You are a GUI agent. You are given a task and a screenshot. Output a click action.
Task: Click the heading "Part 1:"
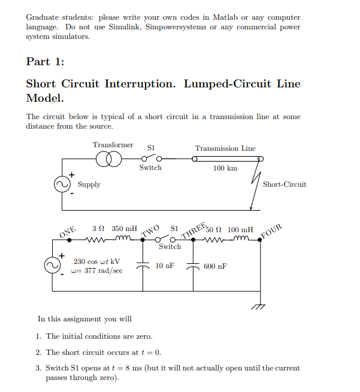[x=45, y=61]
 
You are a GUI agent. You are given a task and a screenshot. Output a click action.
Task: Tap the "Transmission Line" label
[x=225, y=148]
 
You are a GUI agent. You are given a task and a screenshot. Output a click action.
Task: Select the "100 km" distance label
[x=225, y=168]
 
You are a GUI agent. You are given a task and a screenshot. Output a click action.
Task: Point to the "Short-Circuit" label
[x=285, y=184]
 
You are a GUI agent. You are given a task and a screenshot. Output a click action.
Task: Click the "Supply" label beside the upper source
[x=89, y=184]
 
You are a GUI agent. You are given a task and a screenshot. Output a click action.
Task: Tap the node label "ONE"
[x=68, y=231]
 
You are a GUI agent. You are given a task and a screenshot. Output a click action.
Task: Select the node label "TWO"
[x=151, y=230]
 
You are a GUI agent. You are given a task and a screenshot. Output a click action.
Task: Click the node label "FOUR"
[x=272, y=230]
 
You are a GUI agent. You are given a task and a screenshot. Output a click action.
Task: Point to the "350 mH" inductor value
[x=125, y=229]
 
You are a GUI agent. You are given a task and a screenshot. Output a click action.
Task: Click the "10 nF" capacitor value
[x=164, y=265]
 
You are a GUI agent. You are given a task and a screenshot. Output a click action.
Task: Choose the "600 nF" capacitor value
[x=215, y=266]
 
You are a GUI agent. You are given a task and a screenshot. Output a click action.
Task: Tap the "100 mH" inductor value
[x=240, y=229]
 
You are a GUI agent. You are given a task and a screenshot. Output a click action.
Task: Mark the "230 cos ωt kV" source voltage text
[x=96, y=262]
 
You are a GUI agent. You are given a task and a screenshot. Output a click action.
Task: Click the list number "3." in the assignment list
[x=39, y=368]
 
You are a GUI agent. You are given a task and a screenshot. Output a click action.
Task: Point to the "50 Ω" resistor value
[x=213, y=229]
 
